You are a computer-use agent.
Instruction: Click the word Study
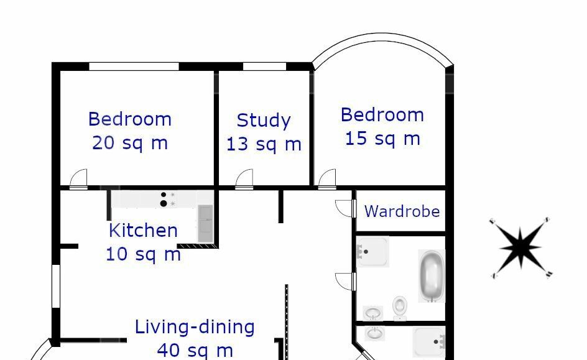pyautogui.click(x=264, y=121)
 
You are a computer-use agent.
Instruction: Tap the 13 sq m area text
pyautogui.click(x=264, y=144)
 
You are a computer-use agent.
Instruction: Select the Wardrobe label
pyautogui.click(x=402, y=211)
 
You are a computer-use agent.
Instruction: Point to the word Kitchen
pyautogui.click(x=143, y=230)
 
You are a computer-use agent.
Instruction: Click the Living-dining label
pyautogui.click(x=195, y=327)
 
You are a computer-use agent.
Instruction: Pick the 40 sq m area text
pyautogui.click(x=195, y=351)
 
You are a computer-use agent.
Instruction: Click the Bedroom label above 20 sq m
pyautogui.click(x=130, y=119)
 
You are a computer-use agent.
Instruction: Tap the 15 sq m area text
pyautogui.click(x=382, y=139)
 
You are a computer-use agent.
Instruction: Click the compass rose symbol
pyautogui.click(x=520, y=247)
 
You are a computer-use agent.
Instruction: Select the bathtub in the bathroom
pyautogui.click(x=432, y=276)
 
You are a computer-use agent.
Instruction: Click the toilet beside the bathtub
pyautogui.click(x=400, y=308)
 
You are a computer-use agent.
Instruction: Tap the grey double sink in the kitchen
pyautogui.click(x=205, y=223)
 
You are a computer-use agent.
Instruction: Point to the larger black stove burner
pyautogui.click(x=163, y=203)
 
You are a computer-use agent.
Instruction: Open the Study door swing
pyautogui.click(x=244, y=179)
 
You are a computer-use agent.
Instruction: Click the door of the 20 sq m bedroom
pyautogui.click(x=78, y=179)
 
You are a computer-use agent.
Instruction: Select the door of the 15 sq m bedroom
pyautogui.click(x=327, y=179)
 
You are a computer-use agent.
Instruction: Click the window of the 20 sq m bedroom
pyautogui.click(x=134, y=67)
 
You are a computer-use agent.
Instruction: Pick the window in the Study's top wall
pyautogui.click(x=265, y=67)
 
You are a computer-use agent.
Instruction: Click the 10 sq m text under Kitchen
pyautogui.click(x=144, y=254)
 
